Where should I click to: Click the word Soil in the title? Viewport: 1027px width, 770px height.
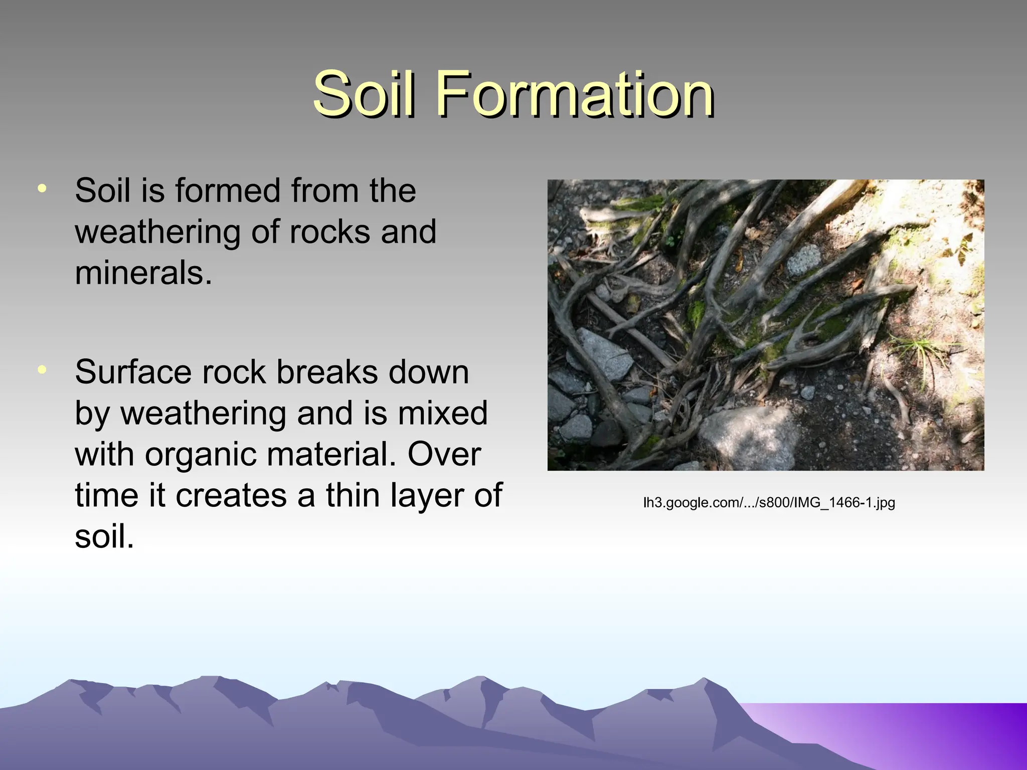pyautogui.click(x=364, y=94)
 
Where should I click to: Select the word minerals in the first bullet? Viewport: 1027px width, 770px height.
pyautogui.click(x=143, y=274)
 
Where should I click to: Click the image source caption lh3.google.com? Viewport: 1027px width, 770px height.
pyautogui.click(x=769, y=502)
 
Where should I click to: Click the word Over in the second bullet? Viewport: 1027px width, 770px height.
pyautogui.click(x=444, y=455)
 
